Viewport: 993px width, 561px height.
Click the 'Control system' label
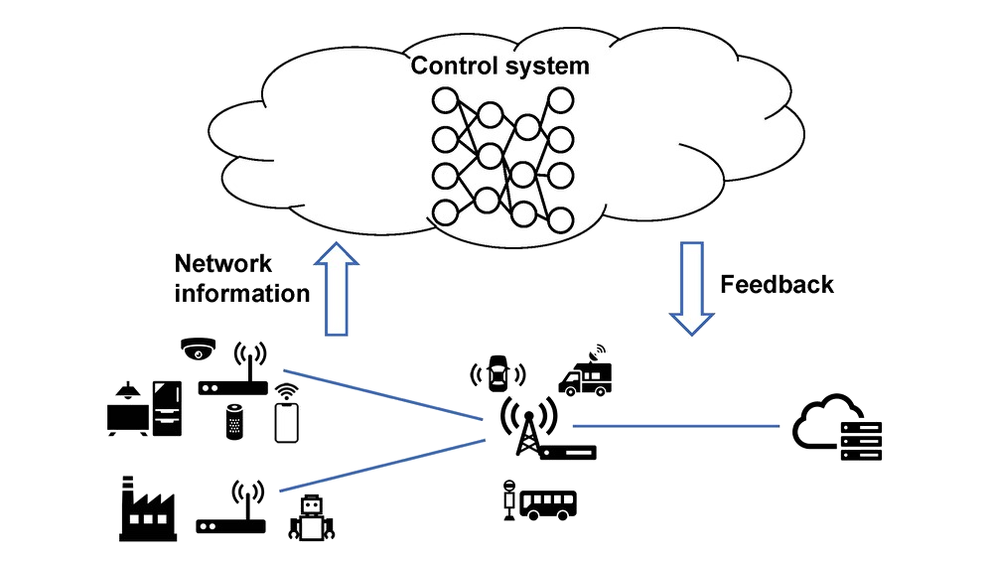click(x=500, y=67)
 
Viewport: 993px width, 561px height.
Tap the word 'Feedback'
click(x=777, y=285)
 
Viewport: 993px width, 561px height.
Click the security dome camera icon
click(x=198, y=349)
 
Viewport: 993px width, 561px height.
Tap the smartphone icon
click(x=287, y=421)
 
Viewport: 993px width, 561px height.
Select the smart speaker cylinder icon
click(x=234, y=422)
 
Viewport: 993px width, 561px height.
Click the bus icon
click(x=549, y=502)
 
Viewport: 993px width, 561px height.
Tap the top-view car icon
click(x=497, y=373)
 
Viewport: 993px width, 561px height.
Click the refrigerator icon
click(x=166, y=408)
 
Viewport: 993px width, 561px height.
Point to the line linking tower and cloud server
click(x=675, y=426)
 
